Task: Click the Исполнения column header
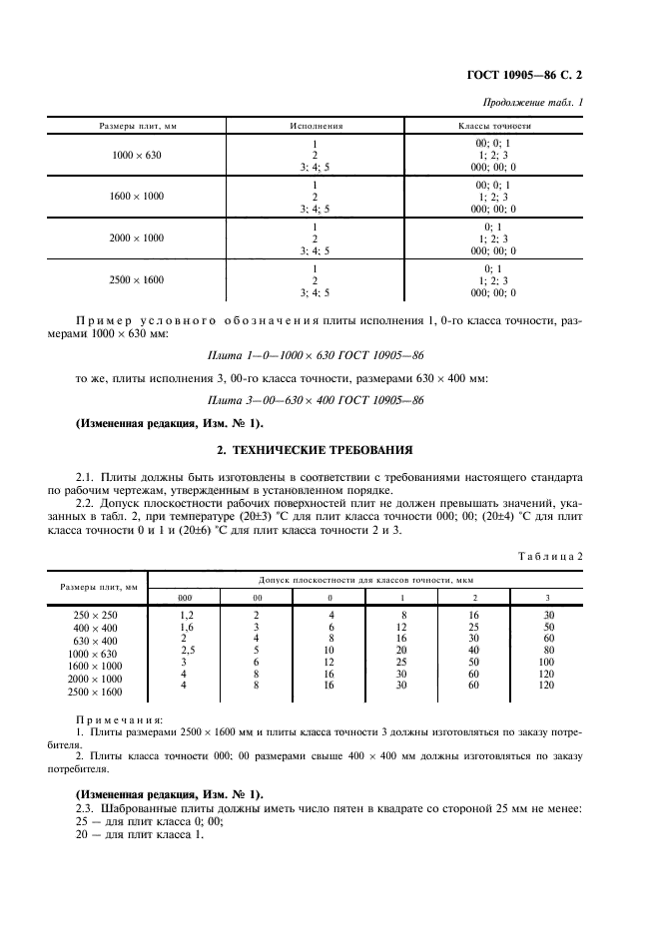[317, 127]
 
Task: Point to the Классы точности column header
[494, 127]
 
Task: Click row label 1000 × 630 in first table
[138, 157]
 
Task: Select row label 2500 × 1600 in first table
[138, 280]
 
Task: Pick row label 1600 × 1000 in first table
[138, 198]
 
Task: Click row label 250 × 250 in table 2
[97, 616]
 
